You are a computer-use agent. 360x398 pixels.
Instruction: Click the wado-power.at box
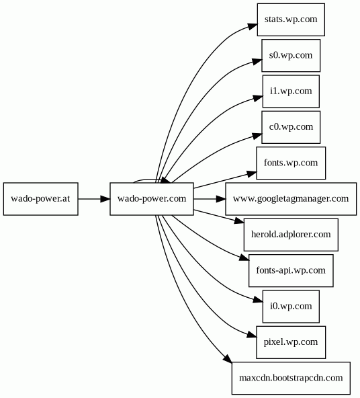coord(40,199)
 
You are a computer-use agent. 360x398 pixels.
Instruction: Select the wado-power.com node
coord(152,199)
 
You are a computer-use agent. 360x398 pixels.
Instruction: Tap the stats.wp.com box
coord(291,19)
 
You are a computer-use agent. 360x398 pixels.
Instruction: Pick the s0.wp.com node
coord(291,55)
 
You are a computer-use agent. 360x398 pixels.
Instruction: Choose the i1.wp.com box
coord(291,91)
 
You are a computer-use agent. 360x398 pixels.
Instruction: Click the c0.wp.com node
coord(291,127)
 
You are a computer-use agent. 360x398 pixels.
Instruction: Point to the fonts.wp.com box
coord(291,163)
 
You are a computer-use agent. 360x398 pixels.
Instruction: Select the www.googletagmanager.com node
coord(291,199)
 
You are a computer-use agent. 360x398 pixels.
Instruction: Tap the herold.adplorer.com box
coord(291,235)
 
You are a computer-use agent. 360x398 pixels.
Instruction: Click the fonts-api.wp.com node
coord(291,270)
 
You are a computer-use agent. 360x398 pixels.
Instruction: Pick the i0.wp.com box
coord(291,307)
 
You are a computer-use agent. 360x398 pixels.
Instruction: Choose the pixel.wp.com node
coord(291,342)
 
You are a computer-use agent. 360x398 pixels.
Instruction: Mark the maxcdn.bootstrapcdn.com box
coord(291,379)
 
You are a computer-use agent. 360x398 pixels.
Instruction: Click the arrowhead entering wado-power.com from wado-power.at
coord(105,199)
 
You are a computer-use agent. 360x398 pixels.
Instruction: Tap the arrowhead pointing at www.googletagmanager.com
coord(221,199)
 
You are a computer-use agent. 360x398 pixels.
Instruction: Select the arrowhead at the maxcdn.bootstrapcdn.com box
coord(228,358)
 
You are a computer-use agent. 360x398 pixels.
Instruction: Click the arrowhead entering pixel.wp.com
coord(251,335)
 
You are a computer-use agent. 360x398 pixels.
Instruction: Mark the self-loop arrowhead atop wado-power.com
coord(165,180)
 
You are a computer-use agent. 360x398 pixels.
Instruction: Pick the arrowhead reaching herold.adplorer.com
coord(239,221)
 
